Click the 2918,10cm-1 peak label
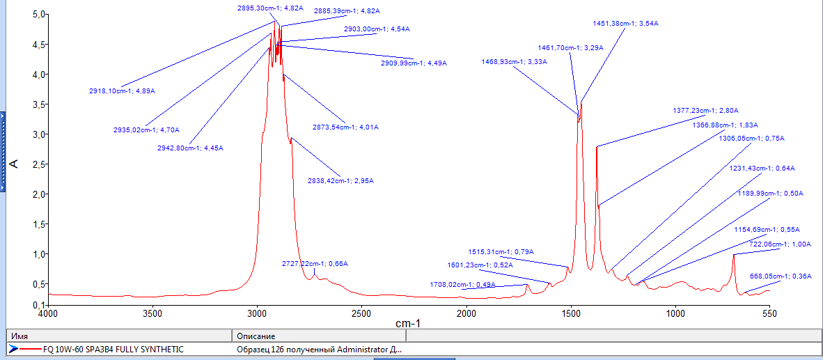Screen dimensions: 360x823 [122, 91]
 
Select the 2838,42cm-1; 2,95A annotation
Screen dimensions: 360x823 [340, 181]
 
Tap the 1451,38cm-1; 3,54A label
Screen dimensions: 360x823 [625, 24]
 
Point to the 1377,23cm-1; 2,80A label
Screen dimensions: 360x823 [705, 111]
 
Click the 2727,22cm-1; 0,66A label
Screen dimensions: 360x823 [315, 264]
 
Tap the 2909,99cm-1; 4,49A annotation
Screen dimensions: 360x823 [414, 63]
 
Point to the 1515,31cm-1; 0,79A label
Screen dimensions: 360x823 [501, 252]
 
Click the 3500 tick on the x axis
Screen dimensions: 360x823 [152, 314]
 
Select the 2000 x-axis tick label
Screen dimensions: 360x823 [466, 314]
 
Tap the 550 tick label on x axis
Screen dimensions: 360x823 [769, 314]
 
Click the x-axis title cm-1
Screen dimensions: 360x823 [407, 324]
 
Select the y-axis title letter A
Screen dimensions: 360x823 [14, 164]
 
